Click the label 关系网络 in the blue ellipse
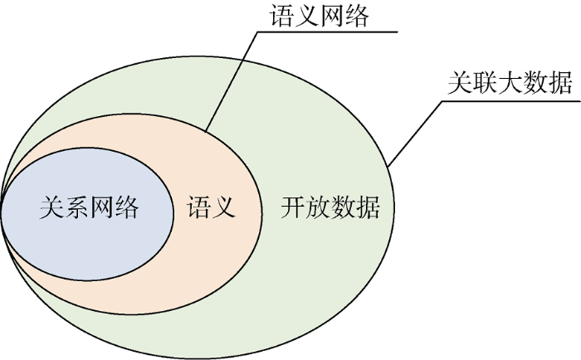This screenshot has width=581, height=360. [89, 207]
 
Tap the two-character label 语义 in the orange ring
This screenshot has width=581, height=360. [212, 207]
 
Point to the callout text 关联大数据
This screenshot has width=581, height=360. [510, 84]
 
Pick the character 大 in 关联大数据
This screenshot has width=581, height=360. [510, 84]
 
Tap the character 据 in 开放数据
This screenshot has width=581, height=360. [368, 207]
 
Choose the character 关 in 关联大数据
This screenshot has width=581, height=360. [460, 84]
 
